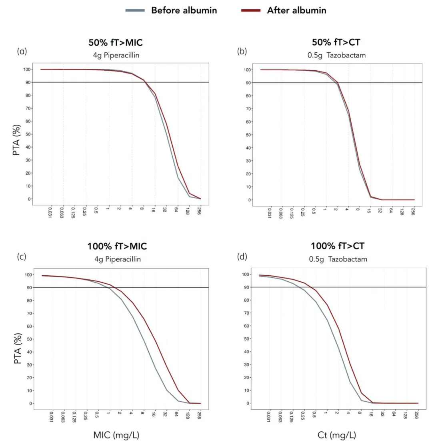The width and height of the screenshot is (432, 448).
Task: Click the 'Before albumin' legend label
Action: (x=184, y=10)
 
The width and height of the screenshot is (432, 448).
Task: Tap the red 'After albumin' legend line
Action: (x=251, y=10)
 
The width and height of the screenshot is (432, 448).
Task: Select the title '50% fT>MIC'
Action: (x=116, y=42)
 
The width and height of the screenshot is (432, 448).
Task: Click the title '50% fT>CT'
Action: (x=336, y=42)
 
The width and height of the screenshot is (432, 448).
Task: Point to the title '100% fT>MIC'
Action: (x=117, y=246)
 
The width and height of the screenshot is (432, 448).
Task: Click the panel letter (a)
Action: (x=22, y=51)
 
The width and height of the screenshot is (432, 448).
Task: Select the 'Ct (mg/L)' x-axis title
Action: (x=337, y=435)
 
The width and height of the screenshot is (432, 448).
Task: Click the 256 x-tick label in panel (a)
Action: (x=199, y=211)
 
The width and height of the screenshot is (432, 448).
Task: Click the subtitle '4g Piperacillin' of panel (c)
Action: (x=118, y=259)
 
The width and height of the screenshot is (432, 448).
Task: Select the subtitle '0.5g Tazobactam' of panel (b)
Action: (x=336, y=55)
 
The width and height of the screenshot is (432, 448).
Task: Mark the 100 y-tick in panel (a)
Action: (x=26, y=69)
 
